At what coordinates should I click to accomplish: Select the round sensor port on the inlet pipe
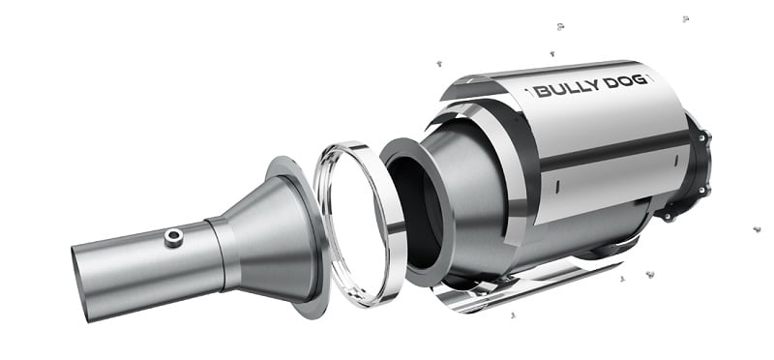pos(174,237)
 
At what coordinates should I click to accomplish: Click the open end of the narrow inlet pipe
pos(81,284)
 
